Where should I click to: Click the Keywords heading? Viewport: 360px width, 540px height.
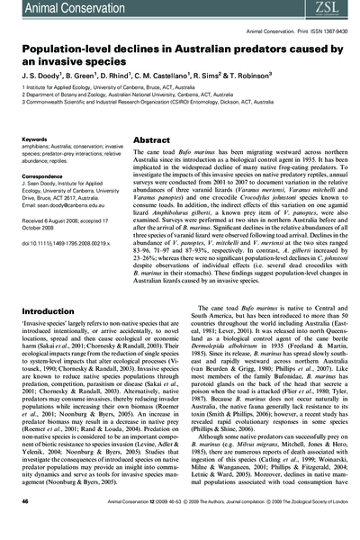tap(35, 140)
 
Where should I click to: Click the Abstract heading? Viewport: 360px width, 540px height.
tap(146, 141)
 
